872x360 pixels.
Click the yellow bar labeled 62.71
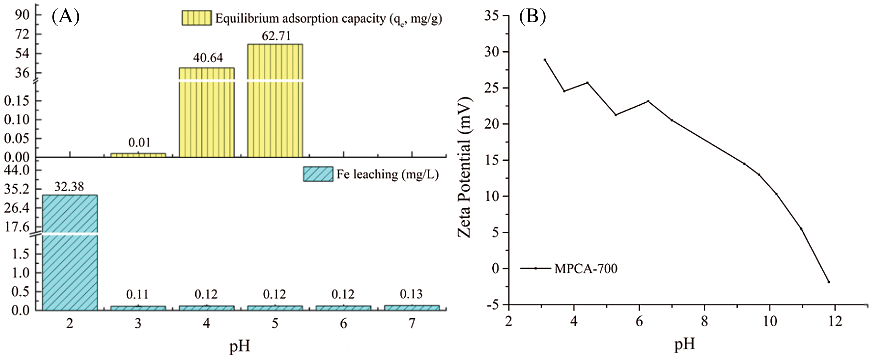(x=275, y=100)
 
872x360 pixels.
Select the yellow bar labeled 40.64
(x=207, y=112)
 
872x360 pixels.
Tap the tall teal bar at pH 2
(x=70, y=252)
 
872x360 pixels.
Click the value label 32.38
(x=69, y=187)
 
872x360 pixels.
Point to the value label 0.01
(x=139, y=143)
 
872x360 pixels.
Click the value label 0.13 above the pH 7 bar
(x=411, y=294)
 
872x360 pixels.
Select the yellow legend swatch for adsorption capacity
(x=196, y=18)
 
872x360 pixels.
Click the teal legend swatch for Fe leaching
(x=318, y=174)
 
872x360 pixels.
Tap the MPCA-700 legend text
(x=586, y=269)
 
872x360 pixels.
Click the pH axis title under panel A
(x=240, y=346)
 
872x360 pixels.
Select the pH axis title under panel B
(x=685, y=344)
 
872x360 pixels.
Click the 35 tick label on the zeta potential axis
(x=492, y=16)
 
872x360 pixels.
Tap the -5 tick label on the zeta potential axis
(x=493, y=305)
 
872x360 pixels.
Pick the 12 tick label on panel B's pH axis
(x=835, y=321)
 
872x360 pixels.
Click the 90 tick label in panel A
(x=22, y=15)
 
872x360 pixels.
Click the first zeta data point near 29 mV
(x=545, y=60)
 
